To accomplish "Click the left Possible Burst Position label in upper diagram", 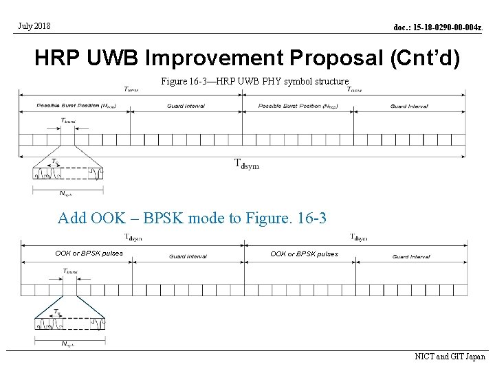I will [67, 106].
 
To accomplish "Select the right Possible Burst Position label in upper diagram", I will [289, 106].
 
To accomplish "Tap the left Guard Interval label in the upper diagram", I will [186, 106].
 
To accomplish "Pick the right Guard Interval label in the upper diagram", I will [409, 106].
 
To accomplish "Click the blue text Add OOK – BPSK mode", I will [192, 219].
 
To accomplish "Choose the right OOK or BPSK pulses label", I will [304, 254].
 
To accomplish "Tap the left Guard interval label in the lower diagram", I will [188, 256].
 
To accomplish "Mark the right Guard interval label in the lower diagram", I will [411, 256].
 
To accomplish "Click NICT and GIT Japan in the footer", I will [450, 357].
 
